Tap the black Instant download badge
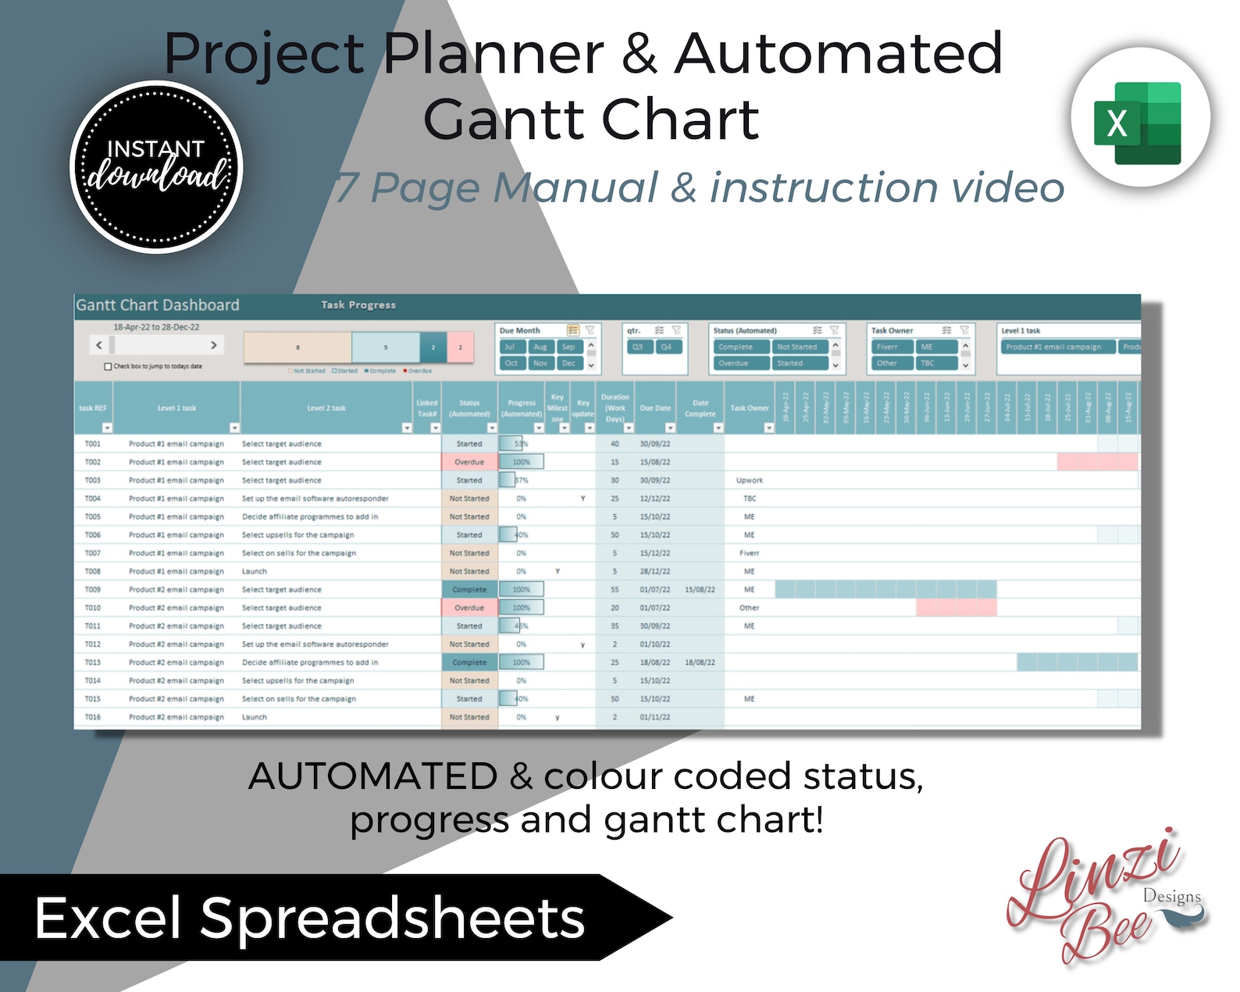(156, 167)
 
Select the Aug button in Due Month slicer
(540, 347)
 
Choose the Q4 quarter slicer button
(666, 347)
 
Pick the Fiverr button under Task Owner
(887, 347)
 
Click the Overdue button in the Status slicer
(733, 363)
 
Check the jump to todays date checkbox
(108, 366)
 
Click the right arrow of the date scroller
(213, 345)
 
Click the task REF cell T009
(93, 590)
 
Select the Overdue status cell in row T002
(469, 462)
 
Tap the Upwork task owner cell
(750, 480)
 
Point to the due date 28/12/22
(655, 572)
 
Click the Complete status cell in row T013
(469, 662)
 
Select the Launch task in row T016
(255, 717)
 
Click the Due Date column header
(655, 408)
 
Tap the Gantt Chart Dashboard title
(158, 305)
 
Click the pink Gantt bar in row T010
(956, 608)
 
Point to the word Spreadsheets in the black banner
(392, 918)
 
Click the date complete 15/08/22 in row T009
(700, 590)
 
